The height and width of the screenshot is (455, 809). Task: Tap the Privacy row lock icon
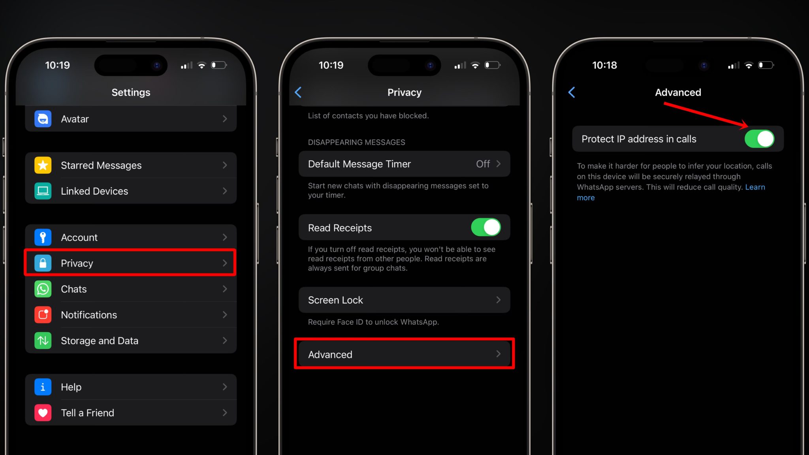coord(43,263)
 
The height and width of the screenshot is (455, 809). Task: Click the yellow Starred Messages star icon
coord(43,165)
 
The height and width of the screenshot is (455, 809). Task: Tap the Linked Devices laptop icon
coord(43,191)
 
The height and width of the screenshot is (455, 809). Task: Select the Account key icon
coord(43,237)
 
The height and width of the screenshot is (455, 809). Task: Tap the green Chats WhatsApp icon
coord(43,289)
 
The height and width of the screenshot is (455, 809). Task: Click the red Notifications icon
coord(43,315)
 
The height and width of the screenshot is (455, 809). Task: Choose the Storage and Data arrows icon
coord(43,340)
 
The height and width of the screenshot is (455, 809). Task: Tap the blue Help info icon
coord(43,387)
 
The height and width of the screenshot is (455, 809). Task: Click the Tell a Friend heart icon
coord(43,413)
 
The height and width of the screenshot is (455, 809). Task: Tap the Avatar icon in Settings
coord(43,119)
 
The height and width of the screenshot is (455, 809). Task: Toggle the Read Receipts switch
coord(486,227)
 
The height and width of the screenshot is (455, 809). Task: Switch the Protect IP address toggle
coord(759,139)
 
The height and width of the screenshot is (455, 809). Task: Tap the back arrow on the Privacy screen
coord(298,92)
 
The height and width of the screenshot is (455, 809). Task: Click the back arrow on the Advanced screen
coord(572,92)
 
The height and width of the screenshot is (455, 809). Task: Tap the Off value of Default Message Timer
coord(483,164)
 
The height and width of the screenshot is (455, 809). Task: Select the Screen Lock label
coord(335,300)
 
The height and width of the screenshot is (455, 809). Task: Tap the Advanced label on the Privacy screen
coord(330,355)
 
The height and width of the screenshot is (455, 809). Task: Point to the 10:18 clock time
coord(604,65)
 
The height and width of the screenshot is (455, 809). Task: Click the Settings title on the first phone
coord(131,92)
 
